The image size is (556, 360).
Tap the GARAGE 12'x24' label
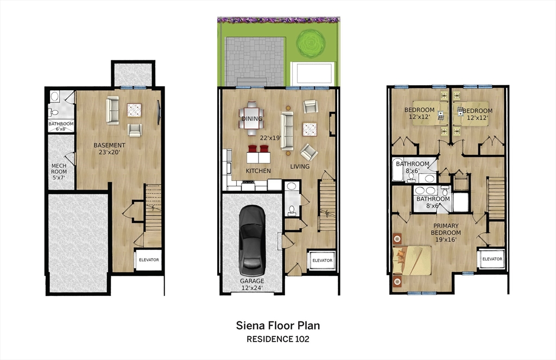(x=252, y=284)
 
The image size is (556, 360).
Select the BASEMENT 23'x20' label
(x=110, y=149)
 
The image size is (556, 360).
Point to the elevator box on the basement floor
(x=148, y=260)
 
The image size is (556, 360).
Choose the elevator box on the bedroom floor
(x=492, y=259)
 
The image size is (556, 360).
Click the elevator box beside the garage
(x=322, y=260)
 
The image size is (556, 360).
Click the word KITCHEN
(x=258, y=171)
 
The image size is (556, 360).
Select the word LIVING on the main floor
(x=300, y=167)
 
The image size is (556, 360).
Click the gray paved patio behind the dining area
(x=256, y=61)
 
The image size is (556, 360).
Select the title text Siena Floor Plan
(x=277, y=326)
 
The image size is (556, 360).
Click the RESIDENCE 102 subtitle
(x=277, y=339)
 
